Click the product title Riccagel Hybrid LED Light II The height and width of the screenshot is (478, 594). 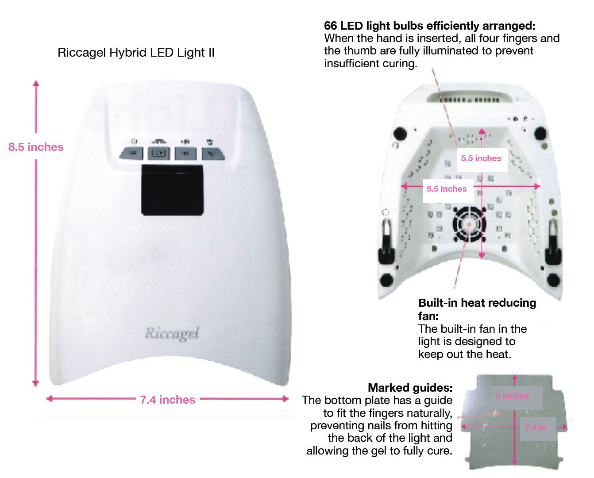point(136,53)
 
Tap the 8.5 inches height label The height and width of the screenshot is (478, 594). point(36,147)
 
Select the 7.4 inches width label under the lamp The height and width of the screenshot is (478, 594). point(167,400)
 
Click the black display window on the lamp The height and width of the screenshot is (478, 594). point(172,190)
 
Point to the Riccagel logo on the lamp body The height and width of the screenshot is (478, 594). point(172,333)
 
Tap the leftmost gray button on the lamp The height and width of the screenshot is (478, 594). point(132,153)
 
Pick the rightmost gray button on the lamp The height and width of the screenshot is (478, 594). point(212,154)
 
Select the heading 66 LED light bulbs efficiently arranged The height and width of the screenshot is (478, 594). point(429,26)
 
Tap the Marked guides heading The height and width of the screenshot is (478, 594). point(410,388)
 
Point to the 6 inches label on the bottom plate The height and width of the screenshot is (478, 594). point(512,396)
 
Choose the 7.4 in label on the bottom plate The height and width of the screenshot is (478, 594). point(535,427)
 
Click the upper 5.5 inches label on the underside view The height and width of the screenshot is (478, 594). point(481,158)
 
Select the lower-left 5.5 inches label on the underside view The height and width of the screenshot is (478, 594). point(446,189)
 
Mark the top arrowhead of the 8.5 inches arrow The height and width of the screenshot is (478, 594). point(36,83)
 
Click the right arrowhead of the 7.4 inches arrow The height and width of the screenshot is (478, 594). point(285,399)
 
